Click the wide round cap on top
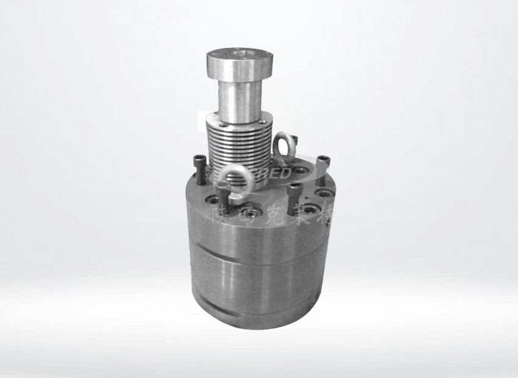coord(237,62)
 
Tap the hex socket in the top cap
coord(238,54)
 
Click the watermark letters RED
coord(278,174)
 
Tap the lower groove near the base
coord(256,313)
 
